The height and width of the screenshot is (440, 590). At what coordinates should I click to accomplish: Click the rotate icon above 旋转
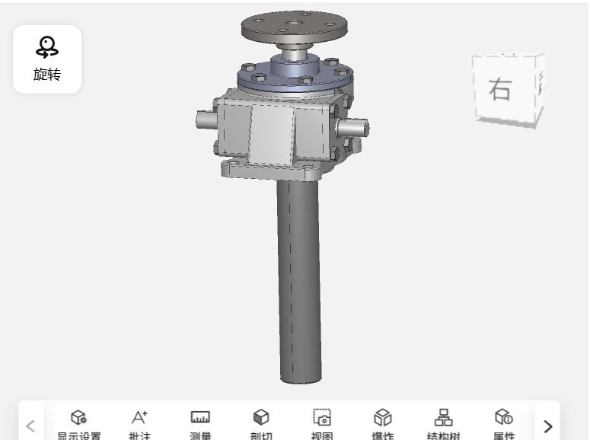[47, 47]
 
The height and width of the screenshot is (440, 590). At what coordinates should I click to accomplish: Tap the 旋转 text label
[47, 75]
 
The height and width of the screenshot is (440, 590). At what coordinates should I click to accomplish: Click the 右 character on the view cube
[500, 89]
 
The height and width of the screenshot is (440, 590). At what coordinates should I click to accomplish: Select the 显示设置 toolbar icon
[78, 417]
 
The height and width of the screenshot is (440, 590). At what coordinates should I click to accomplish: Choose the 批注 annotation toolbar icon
[139, 417]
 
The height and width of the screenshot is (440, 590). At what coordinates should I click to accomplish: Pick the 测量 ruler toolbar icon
[200, 417]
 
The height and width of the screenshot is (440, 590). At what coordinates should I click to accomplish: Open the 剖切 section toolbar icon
[261, 417]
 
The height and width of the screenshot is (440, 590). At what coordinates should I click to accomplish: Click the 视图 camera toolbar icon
[322, 417]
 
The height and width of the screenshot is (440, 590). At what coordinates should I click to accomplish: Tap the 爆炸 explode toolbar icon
[382, 417]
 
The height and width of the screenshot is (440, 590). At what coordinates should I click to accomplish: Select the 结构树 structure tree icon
[443, 417]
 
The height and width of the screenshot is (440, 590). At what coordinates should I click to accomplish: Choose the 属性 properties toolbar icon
[504, 417]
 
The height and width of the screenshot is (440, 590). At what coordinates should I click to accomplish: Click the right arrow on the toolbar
[547, 426]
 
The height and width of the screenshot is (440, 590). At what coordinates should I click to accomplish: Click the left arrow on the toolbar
[30, 426]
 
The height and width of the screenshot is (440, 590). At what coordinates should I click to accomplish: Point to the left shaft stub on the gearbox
[206, 120]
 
